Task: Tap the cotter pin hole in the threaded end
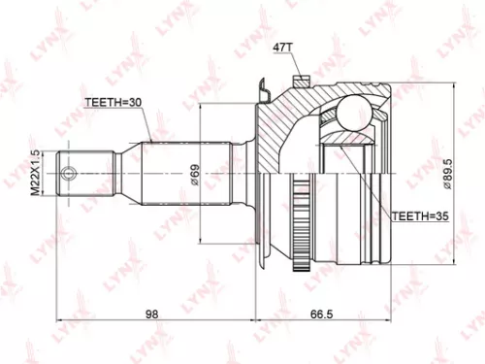pos(70,176)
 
